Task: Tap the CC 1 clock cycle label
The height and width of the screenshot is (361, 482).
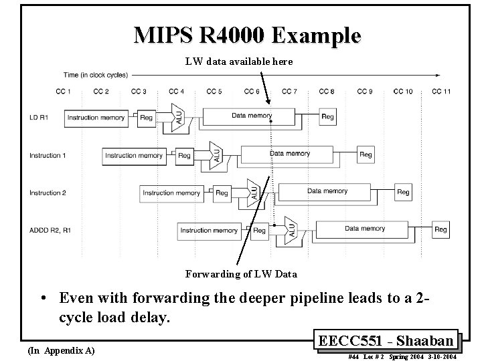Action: point(65,92)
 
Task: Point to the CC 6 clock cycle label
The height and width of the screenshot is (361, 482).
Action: point(252,92)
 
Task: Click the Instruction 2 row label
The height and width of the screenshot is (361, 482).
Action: point(48,193)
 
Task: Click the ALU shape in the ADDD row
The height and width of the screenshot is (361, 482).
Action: point(291,229)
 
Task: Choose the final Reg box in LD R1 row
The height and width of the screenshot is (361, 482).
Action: point(327,117)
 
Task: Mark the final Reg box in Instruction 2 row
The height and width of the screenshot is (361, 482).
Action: point(403,193)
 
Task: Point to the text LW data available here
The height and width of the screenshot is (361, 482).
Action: point(239,62)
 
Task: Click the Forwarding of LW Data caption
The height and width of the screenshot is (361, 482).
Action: point(241,273)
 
